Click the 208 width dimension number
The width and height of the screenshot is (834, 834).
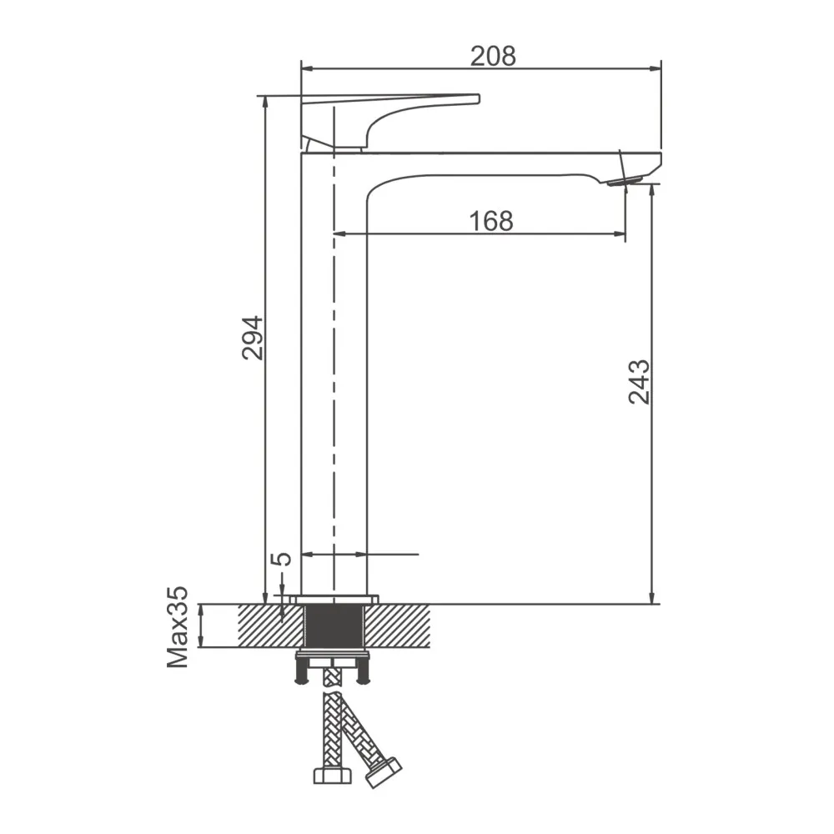click(x=493, y=56)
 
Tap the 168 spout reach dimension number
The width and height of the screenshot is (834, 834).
click(x=491, y=221)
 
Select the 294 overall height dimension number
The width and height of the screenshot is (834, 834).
click(x=253, y=338)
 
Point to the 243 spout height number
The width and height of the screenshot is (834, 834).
click(x=639, y=382)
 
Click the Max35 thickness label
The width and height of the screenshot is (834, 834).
click(x=178, y=626)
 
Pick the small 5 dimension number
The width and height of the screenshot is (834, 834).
click(x=282, y=559)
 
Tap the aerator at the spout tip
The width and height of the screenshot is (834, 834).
click(x=626, y=181)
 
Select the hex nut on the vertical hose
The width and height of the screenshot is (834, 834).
click(x=333, y=775)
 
